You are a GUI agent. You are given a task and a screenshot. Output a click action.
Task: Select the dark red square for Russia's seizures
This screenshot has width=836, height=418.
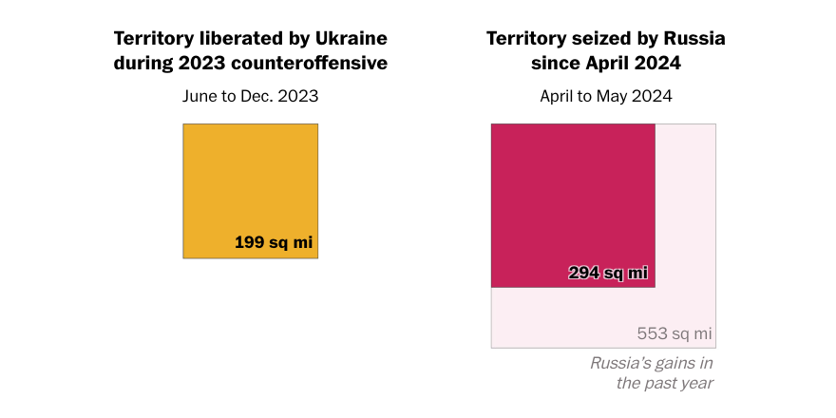pos(573,199)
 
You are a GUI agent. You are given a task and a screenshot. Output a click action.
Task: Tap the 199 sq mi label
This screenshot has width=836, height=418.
pos(274,242)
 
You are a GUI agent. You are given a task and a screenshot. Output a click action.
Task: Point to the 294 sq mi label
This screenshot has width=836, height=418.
pos(608,273)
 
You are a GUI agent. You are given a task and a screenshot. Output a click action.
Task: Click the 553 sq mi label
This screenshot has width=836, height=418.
pos(674,333)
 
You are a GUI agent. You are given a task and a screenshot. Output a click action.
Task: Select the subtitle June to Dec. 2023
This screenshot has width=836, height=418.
pos(250,96)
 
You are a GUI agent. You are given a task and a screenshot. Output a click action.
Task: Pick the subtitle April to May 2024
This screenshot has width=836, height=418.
pos(605,96)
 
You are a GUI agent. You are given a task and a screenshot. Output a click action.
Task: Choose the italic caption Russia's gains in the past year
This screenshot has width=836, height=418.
pos(652,372)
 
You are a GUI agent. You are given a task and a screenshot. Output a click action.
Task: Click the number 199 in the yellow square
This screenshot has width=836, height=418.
pos(249,242)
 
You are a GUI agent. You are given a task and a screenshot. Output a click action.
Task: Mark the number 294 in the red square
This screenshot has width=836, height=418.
pos(583,273)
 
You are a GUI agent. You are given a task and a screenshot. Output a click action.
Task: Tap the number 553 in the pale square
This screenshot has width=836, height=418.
pos(653,333)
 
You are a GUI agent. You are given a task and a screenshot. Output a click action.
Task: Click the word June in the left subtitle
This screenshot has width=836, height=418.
pos(199,96)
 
